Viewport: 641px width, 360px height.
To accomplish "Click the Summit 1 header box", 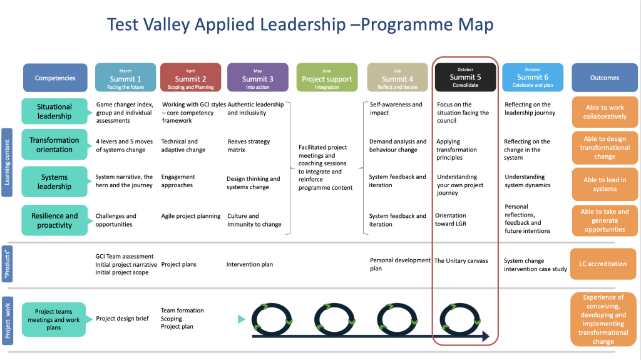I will coord(125,78).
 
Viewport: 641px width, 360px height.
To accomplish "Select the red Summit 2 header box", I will coord(190,78).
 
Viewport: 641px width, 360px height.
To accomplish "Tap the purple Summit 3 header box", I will coord(257,78).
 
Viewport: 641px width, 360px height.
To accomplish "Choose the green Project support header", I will coord(327,78).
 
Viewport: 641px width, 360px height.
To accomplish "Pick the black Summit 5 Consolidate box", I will coord(465,78).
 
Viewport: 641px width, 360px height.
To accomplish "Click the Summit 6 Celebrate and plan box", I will coord(532,78).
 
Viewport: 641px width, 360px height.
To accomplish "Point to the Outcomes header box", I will coord(604,78).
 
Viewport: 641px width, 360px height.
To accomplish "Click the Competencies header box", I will coord(55,78).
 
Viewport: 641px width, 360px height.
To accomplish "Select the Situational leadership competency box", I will coord(54,111).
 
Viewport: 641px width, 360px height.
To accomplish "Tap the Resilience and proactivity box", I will coord(54,220).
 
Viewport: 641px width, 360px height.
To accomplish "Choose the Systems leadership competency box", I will coord(54,182).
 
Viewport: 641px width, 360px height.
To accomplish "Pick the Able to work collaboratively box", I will coord(605,112).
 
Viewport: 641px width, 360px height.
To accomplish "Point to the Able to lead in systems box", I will coord(605,185).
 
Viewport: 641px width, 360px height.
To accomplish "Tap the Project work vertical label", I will coord(8,319).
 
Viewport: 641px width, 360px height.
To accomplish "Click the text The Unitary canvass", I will coord(461,260).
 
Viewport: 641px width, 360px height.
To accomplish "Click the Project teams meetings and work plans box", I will coord(54,319).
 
